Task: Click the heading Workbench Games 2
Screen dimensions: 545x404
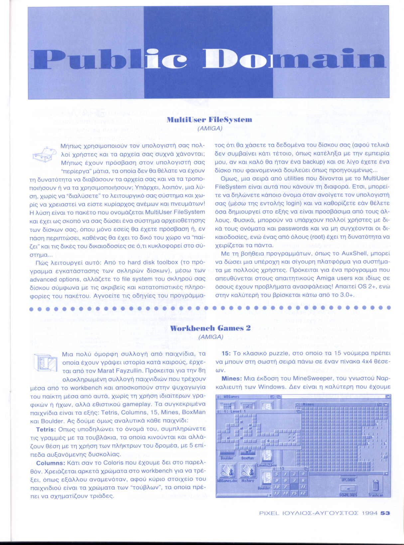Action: coord(210,328)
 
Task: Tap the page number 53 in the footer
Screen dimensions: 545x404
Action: coord(385,522)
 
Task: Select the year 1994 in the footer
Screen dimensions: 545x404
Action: coord(370,522)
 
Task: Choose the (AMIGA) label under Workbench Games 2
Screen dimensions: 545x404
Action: coord(210,337)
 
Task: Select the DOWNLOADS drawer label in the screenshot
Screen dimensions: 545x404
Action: coord(348,495)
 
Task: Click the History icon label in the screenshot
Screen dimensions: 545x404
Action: coord(248,481)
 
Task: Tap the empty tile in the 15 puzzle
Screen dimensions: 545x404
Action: coord(294,487)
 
